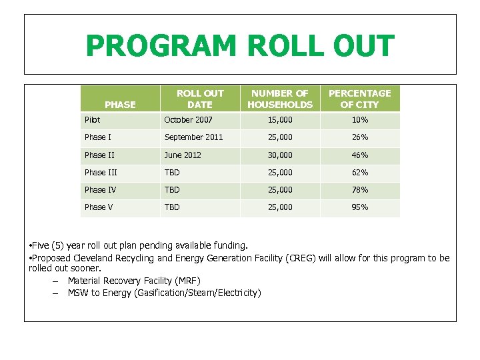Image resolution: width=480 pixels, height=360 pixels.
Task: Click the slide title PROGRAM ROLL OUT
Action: click(240, 47)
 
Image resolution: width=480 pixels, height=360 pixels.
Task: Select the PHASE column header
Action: click(120, 105)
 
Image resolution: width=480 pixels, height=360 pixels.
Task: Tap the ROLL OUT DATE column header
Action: click(200, 99)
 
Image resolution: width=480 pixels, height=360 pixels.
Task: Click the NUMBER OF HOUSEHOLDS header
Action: click(280, 99)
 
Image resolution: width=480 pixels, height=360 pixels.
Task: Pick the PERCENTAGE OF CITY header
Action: click(360, 99)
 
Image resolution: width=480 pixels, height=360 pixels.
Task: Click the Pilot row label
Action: click(93, 120)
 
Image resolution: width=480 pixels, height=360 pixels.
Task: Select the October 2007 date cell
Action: click(189, 120)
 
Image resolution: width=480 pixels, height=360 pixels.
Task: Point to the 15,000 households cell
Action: click(280, 120)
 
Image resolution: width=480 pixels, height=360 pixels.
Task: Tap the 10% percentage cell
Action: click(360, 120)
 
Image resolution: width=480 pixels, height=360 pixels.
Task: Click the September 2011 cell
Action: click(194, 137)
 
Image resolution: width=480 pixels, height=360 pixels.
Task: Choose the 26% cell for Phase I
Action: click(360, 137)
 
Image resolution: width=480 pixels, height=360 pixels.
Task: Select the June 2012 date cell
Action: click(183, 155)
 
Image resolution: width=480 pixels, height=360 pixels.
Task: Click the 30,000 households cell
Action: click(280, 155)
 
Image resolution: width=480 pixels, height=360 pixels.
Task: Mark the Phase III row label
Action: click(101, 173)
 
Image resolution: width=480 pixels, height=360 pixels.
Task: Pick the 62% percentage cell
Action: click(360, 173)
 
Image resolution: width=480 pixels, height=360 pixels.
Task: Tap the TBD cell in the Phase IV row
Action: click(173, 190)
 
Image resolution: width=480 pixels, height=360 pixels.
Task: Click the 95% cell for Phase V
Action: click(360, 207)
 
